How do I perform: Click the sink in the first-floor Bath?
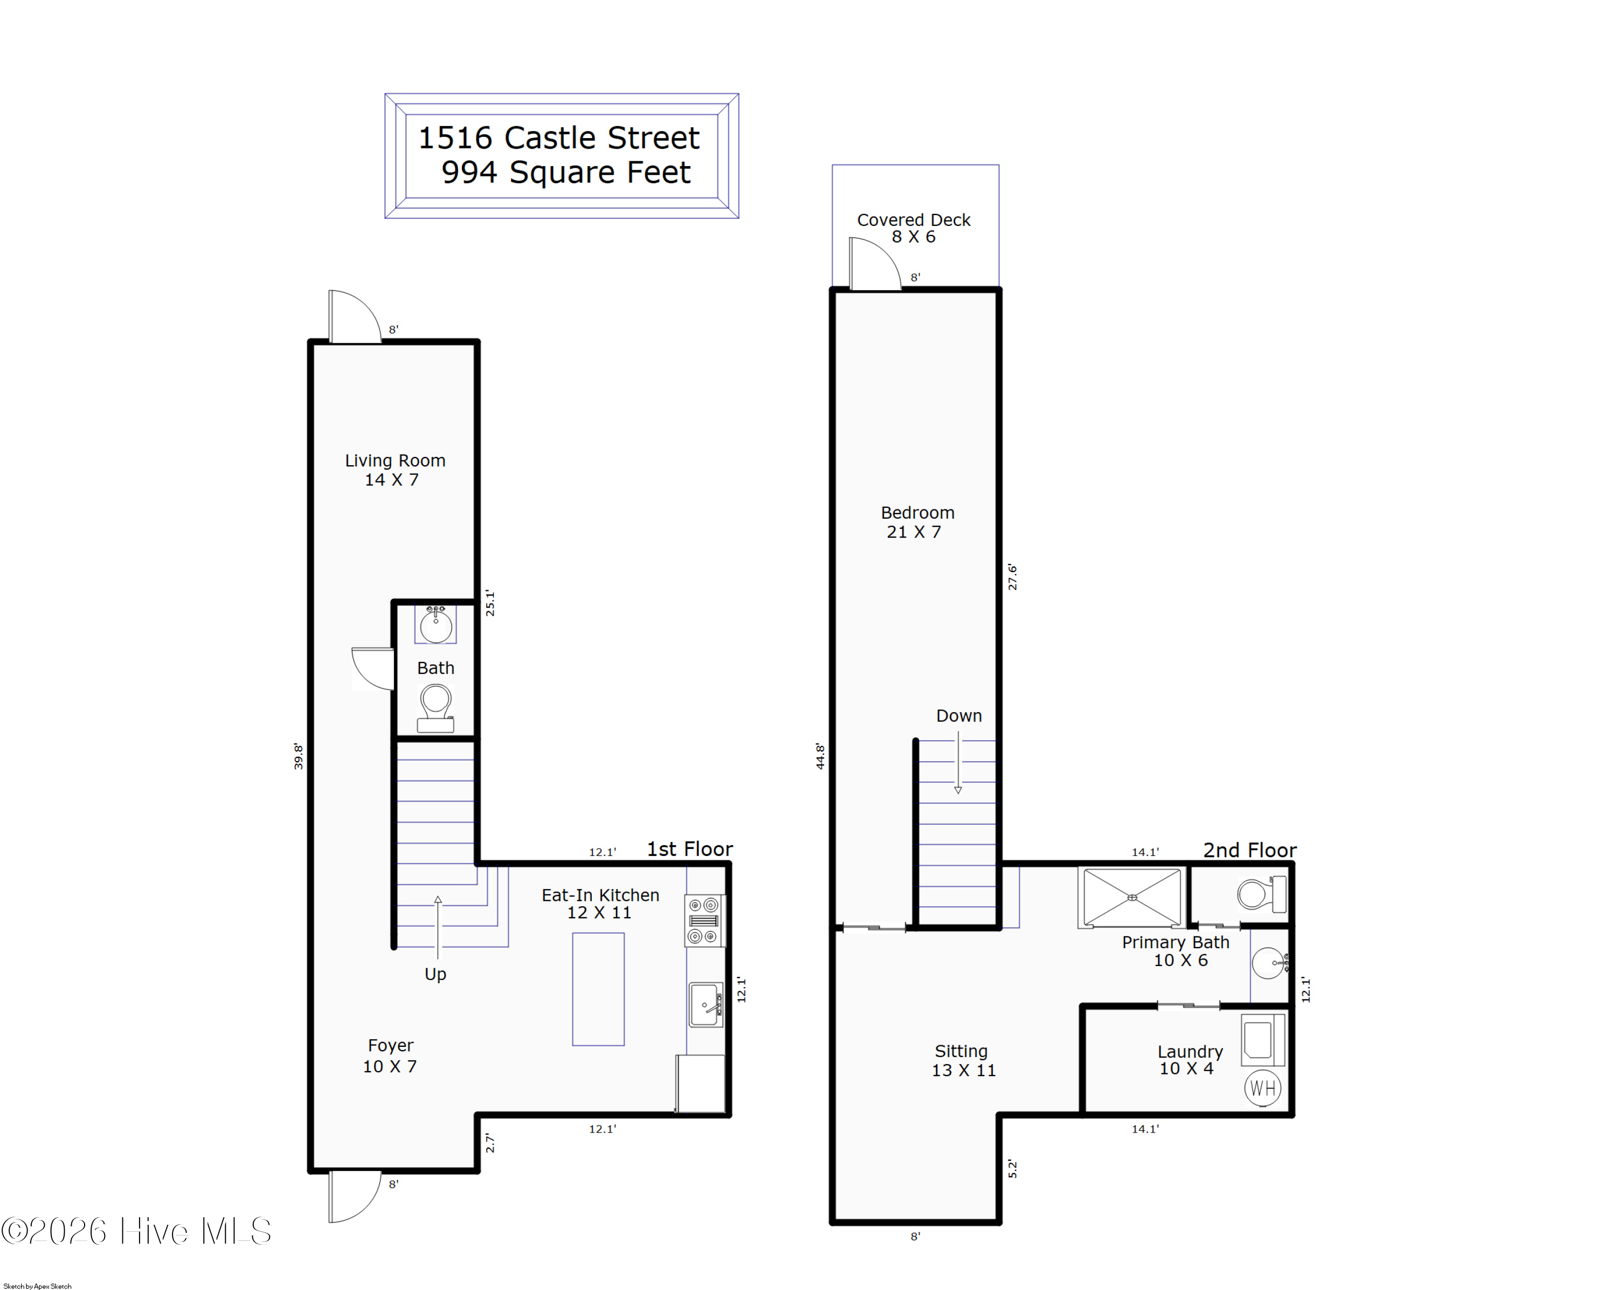click(436, 624)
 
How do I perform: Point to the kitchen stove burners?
click(704, 920)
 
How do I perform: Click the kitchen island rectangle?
click(598, 989)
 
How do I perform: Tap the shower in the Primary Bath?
click(1132, 897)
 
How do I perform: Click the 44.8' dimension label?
click(820, 757)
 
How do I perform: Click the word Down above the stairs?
click(958, 715)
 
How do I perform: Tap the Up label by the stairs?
click(435, 974)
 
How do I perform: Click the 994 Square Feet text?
click(565, 173)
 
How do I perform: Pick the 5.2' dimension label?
click(1012, 1169)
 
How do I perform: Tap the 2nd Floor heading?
click(1249, 850)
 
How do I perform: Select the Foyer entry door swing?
click(354, 1197)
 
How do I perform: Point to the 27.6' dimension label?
click(1012, 577)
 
